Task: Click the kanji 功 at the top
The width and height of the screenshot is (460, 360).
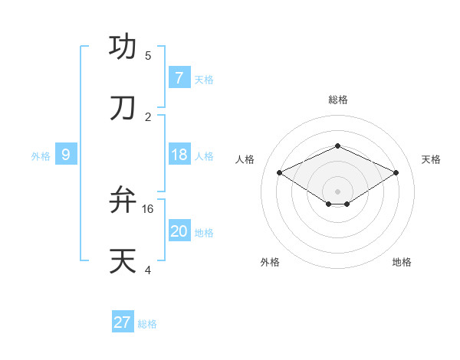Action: [123, 47]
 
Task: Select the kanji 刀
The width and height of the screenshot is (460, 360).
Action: [123, 108]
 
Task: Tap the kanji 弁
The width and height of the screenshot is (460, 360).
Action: [123, 200]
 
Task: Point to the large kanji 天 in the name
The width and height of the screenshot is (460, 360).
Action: [123, 260]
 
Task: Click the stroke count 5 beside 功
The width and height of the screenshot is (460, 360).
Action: [148, 56]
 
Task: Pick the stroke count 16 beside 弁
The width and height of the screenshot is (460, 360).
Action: [148, 208]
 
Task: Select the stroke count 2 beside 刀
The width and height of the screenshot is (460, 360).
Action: [148, 116]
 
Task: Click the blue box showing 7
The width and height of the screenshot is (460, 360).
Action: [179, 78]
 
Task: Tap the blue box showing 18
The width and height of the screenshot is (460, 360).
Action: [179, 155]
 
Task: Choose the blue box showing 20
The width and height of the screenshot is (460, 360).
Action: [179, 231]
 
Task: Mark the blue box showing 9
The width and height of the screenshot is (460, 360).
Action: [66, 155]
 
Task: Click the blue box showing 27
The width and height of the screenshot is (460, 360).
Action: [123, 322]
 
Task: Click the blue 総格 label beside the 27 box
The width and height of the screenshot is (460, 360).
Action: [147, 324]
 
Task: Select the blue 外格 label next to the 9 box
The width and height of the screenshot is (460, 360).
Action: [41, 156]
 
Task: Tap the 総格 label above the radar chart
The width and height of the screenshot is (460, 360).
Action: [337, 100]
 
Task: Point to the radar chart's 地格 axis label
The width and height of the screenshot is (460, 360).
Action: [402, 262]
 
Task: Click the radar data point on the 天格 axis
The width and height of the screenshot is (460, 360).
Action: [396, 172]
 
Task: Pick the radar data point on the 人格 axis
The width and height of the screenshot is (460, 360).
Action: [279, 172]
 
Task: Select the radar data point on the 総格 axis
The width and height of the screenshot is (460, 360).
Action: [337, 146]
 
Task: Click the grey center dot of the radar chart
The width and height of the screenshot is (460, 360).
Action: [337, 191]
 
